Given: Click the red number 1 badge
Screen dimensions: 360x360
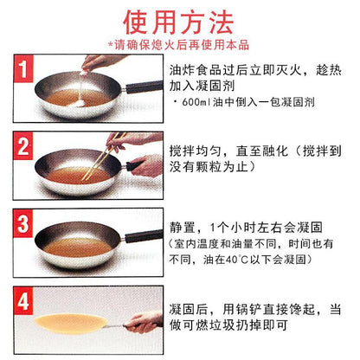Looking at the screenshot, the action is (23, 69).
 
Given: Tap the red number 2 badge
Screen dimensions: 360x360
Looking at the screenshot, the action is (23, 146).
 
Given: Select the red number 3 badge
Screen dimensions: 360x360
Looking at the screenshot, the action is (23, 223).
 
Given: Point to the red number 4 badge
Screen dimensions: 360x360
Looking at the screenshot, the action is (23, 301).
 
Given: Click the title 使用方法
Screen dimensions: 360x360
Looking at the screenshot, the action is (178, 22).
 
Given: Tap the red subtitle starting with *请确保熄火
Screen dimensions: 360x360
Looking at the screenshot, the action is (178, 45).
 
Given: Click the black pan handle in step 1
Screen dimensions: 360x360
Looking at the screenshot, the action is (145, 87).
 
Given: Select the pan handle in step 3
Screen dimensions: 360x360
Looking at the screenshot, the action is (144, 235).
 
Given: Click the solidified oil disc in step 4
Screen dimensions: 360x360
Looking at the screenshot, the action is (71, 324).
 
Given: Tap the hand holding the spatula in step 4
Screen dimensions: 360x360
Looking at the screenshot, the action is (145, 323).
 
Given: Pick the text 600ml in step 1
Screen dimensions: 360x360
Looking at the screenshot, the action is (196, 102).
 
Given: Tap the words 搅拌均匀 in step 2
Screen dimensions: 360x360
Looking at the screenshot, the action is (196, 151).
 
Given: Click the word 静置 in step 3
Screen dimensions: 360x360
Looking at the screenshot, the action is (183, 228).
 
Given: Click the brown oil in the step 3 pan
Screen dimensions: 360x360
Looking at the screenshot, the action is (77, 247).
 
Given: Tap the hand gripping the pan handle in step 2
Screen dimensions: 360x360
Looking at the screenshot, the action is (146, 167).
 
